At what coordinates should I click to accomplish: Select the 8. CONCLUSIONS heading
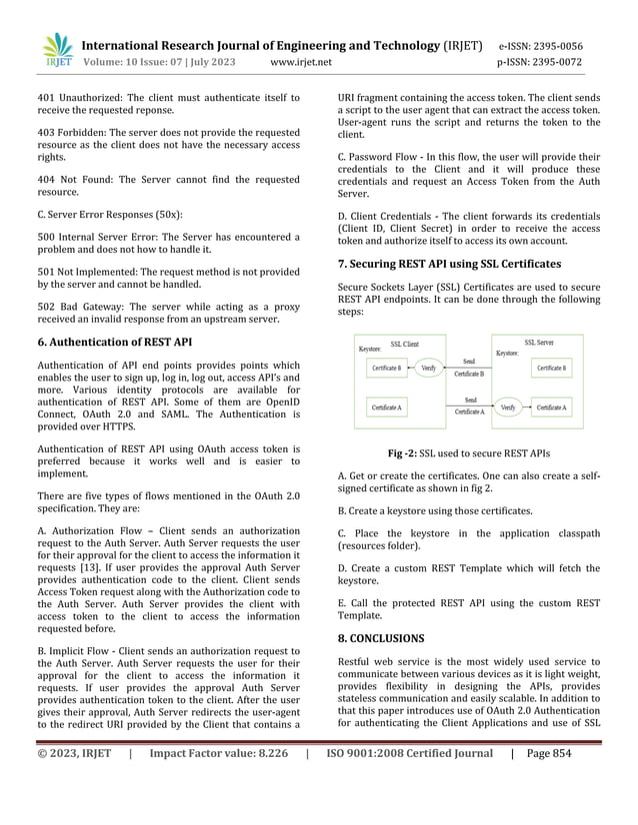381,637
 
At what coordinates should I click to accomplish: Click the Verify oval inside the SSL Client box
428,368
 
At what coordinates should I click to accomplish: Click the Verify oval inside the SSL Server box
508,408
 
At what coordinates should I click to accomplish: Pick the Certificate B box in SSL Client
387,369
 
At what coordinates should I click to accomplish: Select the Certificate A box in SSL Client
387,408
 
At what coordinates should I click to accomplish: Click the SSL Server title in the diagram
539,343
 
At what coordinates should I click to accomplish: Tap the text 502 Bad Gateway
66,306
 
